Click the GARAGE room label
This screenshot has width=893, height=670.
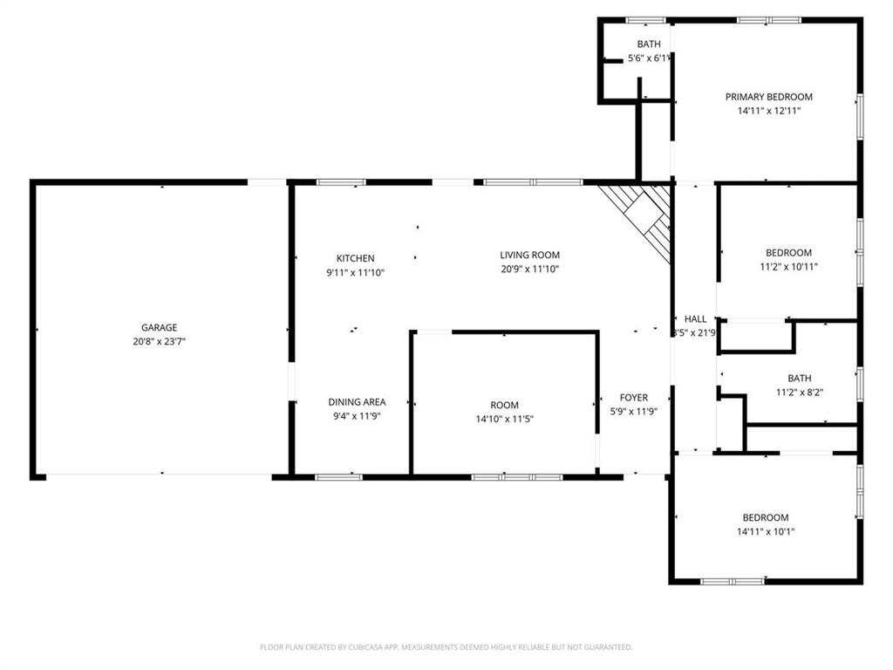(x=160, y=328)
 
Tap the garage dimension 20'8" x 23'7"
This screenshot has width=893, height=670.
(x=160, y=342)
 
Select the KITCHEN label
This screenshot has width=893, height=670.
(x=356, y=258)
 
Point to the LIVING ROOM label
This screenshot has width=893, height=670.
(x=529, y=256)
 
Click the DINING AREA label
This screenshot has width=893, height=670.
(x=357, y=402)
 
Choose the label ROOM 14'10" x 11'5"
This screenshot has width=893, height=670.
(x=504, y=405)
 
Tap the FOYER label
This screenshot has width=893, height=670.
(x=634, y=398)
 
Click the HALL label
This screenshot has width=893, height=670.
(x=696, y=319)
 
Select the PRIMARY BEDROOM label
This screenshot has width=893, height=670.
(x=769, y=97)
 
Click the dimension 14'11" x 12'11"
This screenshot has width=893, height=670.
(x=769, y=111)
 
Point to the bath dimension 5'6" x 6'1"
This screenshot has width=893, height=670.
(x=649, y=58)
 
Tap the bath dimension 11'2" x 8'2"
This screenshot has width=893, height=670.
(x=800, y=392)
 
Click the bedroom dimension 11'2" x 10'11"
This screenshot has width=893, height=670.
(x=788, y=267)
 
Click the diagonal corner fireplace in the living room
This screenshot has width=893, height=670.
(x=644, y=216)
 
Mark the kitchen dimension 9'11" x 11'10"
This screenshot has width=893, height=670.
(x=356, y=272)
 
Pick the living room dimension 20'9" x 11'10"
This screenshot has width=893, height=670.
(x=529, y=270)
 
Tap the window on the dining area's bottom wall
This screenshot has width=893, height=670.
(x=339, y=477)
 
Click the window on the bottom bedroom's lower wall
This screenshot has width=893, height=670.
(x=733, y=581)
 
